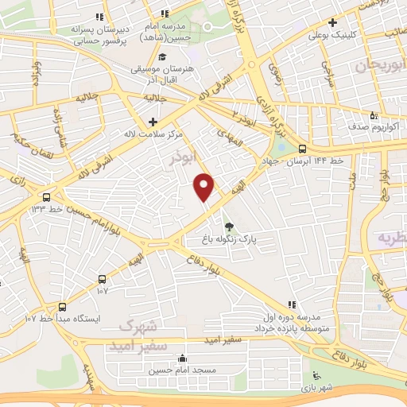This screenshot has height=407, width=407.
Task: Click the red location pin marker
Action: point(204,187)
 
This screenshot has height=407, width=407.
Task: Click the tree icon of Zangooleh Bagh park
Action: point(230,226)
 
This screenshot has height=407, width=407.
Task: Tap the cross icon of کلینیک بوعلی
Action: point(332,23)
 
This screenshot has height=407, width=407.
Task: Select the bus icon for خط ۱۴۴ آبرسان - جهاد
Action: point(302,149)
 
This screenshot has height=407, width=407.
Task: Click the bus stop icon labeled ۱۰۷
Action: point(102,279)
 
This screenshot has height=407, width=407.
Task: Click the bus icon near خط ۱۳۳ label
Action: point(47,196)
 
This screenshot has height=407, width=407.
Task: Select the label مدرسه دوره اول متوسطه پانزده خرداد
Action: point(293,322)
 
